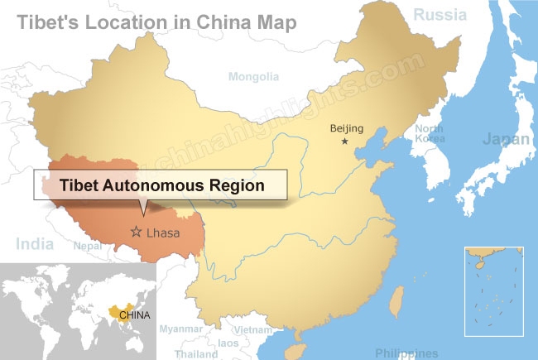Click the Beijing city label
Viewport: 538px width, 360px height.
coord(345,127)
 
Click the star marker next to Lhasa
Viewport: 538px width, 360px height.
coord(137,233)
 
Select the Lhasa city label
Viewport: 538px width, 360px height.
coord(162,233)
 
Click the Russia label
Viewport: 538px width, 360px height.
coord(440,14)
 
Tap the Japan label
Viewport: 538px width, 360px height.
coord(505,138)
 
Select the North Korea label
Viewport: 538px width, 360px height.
coord(430,133)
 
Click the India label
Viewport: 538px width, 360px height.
coord(35,244)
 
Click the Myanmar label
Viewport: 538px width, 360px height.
coord(180,329)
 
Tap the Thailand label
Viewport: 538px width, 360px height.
coord(197,353)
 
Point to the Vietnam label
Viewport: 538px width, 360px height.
coord(252,329)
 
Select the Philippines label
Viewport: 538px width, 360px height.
coord(406,353)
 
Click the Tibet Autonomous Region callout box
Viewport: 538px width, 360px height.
coord(160,186)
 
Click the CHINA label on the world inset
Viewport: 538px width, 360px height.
coord(133,314)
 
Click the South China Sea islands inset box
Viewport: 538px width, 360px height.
coord(495,290)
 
